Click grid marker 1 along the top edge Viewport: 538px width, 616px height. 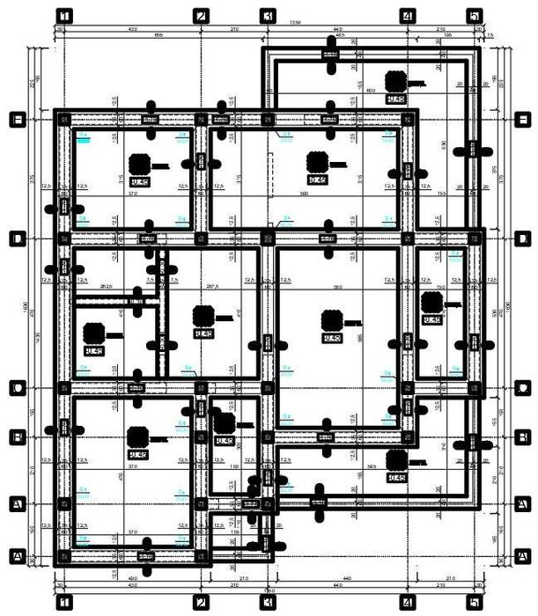point(63,15)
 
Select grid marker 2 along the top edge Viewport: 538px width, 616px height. point(201,15)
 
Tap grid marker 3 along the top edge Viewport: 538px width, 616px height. point(268,15)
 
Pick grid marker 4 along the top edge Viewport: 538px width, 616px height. point(407,15)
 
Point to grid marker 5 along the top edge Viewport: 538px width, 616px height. point(475,15)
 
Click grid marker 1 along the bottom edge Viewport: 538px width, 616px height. point(63,602)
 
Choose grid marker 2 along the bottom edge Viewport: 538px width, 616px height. point(201,602)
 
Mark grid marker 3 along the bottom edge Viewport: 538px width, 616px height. point(268,602)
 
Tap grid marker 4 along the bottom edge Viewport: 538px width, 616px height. point(407,602)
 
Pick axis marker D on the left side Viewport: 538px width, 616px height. point(15,238)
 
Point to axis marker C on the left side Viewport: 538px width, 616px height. point(15,388)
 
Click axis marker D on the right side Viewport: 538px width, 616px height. point(522,238)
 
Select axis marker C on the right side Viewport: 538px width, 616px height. point(522,388)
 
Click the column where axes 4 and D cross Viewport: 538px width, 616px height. point(407,238)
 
